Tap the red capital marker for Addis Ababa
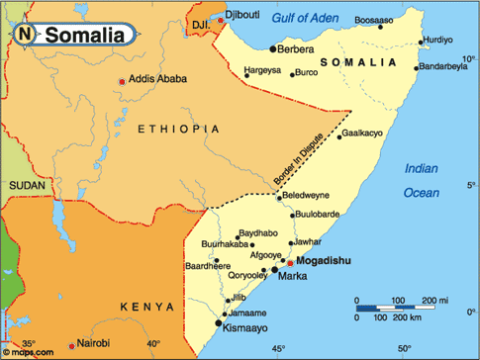coord(123,80)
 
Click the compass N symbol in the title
coord(25,35)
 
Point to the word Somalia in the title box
coord(85,36)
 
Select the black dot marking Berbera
coord(272,48)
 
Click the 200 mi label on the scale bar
coord(435,299)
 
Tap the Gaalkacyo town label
coord(362,159)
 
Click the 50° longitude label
coord(404,348)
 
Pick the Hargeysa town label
coord(261,71)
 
